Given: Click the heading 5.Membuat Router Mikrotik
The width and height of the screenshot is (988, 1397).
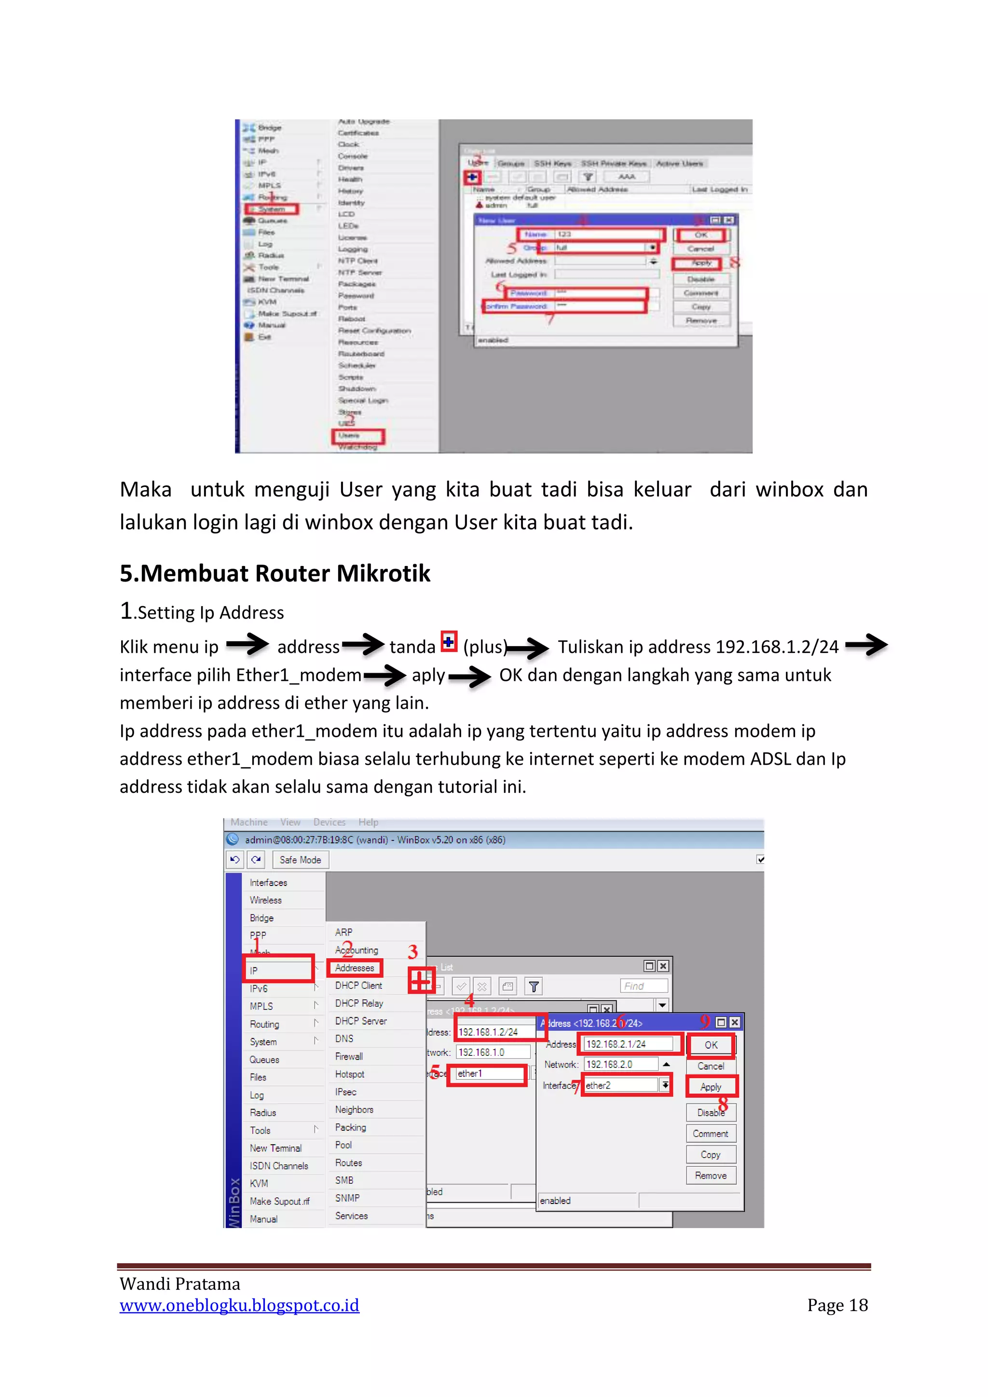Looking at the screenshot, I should [274, 574].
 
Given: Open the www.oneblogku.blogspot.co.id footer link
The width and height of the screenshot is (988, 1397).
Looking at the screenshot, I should [239, 1305].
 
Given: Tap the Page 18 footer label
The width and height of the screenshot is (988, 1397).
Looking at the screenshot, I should [837, 1305].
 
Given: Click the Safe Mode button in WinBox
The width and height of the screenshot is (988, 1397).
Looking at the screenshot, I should [300, 860].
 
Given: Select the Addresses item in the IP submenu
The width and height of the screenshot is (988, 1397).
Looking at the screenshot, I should [355, 968].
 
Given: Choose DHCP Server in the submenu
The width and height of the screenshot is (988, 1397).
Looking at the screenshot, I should [361, 1021].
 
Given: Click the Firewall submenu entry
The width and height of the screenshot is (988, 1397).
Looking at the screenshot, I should [349, 1057].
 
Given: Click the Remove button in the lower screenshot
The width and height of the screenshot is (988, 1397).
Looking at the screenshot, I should [711, 1176].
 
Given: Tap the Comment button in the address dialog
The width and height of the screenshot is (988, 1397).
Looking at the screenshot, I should [711, 1134].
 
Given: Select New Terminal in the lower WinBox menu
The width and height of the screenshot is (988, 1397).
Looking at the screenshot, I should [275, 1148].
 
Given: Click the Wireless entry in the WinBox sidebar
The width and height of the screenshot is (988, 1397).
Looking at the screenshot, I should [266, 900].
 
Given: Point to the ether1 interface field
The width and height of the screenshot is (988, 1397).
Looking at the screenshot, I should [489, 1074].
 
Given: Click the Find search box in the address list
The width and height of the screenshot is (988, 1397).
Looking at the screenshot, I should [643, 986].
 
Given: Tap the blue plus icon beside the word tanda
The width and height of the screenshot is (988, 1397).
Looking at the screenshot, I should [449, 641].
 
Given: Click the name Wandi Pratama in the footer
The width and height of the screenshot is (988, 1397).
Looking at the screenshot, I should [179, 1284].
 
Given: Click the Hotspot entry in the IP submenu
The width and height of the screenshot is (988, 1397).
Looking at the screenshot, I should [350, 1075].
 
